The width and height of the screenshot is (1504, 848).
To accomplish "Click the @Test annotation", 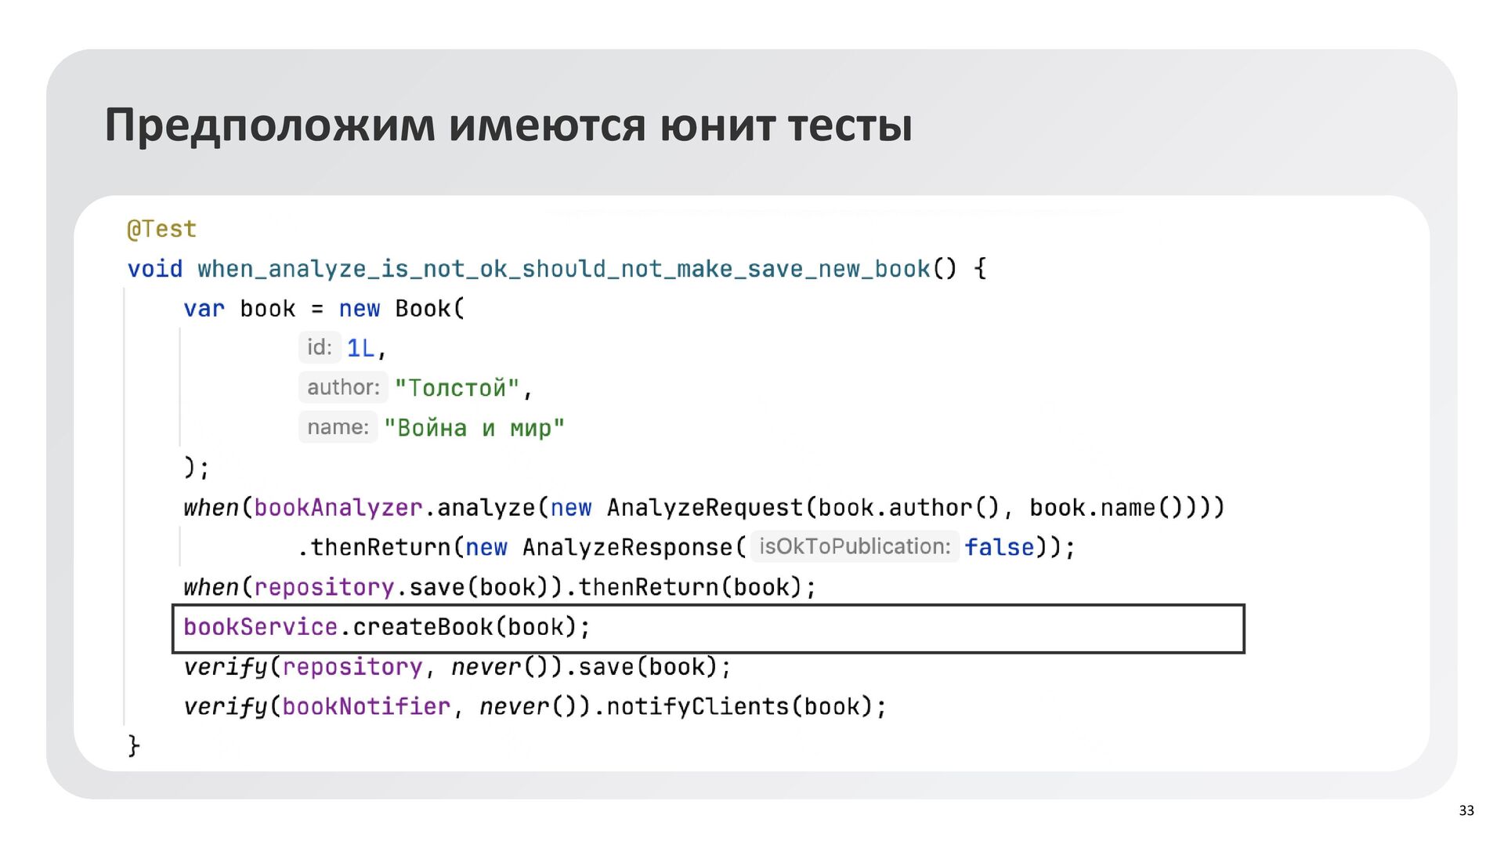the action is [161, 229].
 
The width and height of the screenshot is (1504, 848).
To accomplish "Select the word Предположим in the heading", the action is [269, 125].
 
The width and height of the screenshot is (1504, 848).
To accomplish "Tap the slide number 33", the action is [1466, 810].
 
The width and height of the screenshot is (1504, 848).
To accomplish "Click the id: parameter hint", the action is [320, 347].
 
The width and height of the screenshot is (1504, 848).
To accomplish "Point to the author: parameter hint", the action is [343, 387].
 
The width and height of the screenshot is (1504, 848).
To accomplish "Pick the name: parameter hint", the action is [338, 427].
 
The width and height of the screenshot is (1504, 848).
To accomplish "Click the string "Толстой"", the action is [457, 388].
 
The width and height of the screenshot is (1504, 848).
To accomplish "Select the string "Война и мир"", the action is [474, 428].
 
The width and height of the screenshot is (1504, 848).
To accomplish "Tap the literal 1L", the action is [360, 348].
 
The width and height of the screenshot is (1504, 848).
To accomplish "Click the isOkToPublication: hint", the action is [855, 546].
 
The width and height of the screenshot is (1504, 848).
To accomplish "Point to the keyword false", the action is [999, 547].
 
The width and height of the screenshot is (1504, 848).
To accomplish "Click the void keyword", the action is [154, 269].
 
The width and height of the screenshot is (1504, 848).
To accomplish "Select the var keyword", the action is [204, 309].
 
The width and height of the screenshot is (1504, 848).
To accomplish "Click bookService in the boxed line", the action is [260, 627].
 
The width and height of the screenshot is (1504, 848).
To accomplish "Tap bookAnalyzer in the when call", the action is [338, 508].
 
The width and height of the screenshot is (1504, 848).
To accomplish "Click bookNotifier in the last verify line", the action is [366, 707].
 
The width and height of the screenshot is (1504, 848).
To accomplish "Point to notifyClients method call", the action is [697, 707].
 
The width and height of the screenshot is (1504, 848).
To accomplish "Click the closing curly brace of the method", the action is [134, 745].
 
